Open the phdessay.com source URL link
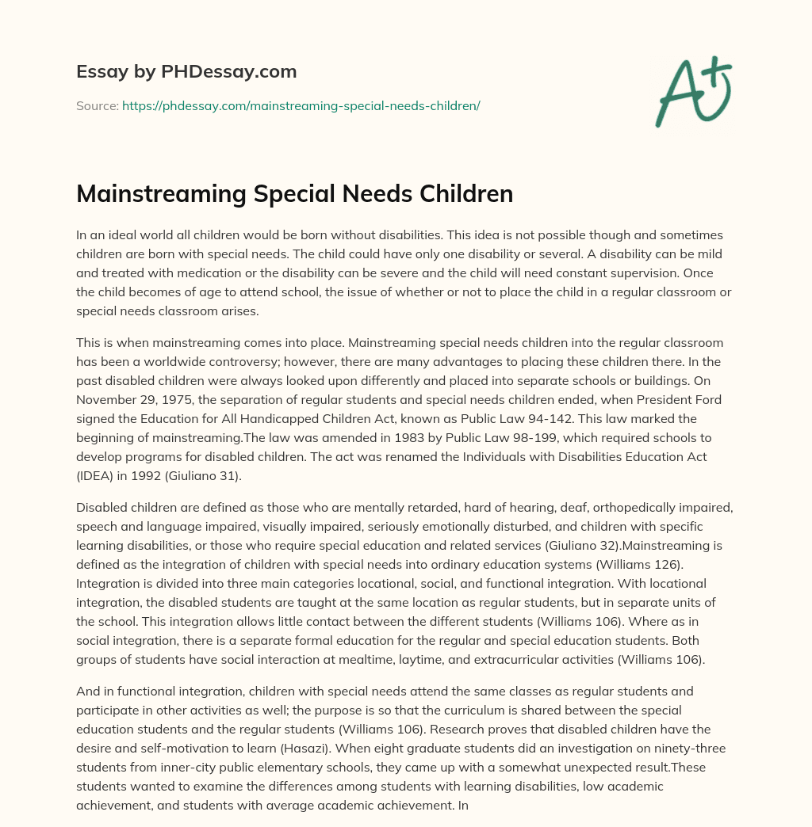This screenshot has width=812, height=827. (301, 105)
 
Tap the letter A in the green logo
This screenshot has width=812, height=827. (677, 93)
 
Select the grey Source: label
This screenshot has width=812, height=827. (98, 105)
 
